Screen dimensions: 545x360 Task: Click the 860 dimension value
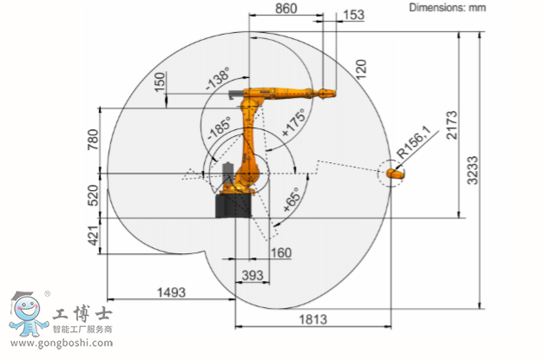(286, 9)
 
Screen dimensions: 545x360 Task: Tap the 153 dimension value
(353, 15)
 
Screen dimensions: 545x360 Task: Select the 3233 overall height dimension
(472, 170)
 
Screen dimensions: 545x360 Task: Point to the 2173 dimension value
(451, 125)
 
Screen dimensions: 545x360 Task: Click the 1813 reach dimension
(313, 319)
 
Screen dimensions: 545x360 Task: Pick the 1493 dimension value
(171, 292)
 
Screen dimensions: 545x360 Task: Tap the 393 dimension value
(253, 276)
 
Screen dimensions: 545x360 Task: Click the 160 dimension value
(281, 252)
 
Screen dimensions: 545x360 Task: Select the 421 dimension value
(94, 236)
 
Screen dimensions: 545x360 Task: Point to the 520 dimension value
(94, 195)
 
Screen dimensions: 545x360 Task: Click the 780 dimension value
(93, 140)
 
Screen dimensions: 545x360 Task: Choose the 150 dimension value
(160, 82)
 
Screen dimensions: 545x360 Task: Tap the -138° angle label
(218, 79)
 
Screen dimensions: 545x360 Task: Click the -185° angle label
(220, 128)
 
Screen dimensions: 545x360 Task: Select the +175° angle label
(293, 122)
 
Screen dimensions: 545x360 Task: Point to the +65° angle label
(292, 200)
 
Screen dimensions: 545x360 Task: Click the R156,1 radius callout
(414, 141)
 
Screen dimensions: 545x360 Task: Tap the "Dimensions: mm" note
(447, 7)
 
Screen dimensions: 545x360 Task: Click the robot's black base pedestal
(233, 206)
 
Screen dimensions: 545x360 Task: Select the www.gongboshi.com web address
(62, 344)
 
